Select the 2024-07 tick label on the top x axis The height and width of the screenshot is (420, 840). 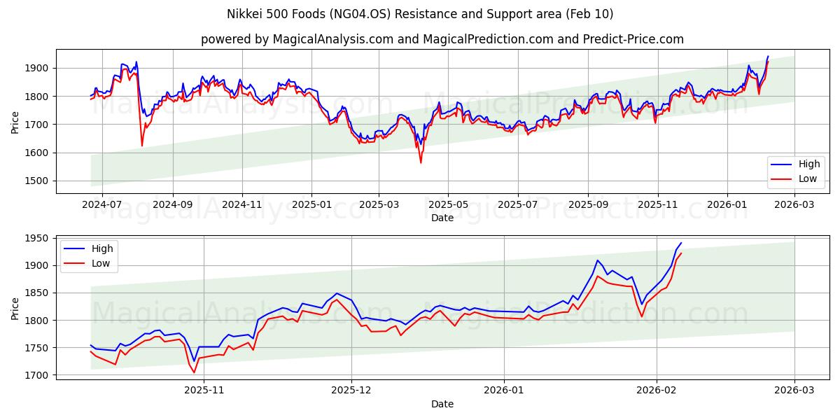(x=102, y=204)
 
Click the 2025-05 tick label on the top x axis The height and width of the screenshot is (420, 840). (x=448, y=204)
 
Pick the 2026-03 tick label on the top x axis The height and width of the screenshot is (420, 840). (x=794, y=204)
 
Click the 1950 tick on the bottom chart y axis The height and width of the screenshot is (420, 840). (x=37, y=238)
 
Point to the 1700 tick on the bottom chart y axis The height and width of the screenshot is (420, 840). (x=37, y=375)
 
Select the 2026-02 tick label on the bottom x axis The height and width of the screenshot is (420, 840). (x=657, y=391)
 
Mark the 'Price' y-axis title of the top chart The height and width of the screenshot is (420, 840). (x=15, y=122)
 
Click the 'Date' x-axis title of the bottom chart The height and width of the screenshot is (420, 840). (x=442, y=404)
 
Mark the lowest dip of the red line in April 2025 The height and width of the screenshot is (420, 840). (x=421, y=162)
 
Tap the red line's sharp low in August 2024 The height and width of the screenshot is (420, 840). (x=142, y=146)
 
